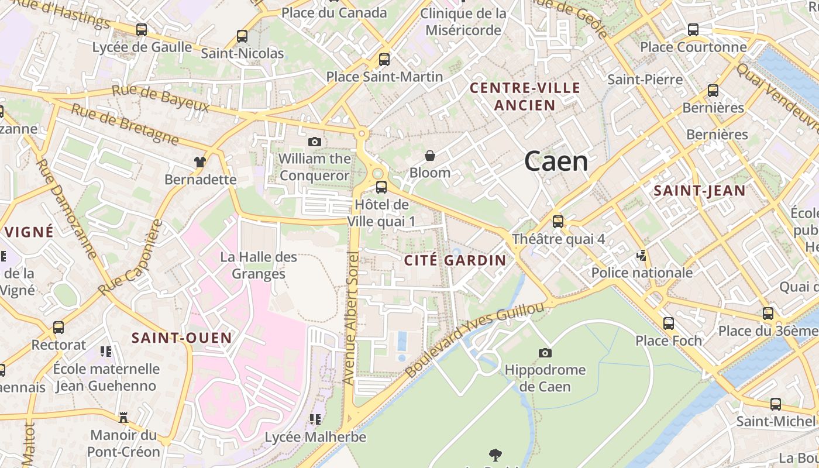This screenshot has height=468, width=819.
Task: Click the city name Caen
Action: (x=556, y=161)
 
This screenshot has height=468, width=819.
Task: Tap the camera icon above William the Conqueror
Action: (x=315, y=142)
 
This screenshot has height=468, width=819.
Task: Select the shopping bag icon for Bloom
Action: (x=430, y=156)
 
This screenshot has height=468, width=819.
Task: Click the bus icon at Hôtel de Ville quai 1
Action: (x=381, y=187)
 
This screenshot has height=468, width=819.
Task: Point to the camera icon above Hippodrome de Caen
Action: (x=545, y=353)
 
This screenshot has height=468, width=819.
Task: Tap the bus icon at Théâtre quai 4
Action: (x=558, y=222)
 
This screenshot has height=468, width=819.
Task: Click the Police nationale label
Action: (x=642, y=273)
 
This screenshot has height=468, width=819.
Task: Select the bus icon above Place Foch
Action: (x=669, y=324)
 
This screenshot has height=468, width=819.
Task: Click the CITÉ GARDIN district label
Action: (x=455, y=260)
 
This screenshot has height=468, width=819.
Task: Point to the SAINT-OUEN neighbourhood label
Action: (x=181, y=338)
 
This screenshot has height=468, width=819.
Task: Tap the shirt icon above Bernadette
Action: (x=201, y=162)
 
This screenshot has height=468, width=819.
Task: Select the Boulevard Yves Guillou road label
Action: (x=474, y=340)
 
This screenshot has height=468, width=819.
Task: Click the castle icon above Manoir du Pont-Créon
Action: (x=123, y=418)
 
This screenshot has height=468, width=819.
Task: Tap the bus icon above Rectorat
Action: (x=58, y=328)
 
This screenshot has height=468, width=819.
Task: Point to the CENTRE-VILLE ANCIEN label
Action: (x=525, y=97)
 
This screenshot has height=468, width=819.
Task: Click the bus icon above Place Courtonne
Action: (x=693, y=30)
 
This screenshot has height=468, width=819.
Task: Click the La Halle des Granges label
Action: (x=259, y=265)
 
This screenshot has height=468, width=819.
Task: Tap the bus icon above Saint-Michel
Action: (x=776, y=404)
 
